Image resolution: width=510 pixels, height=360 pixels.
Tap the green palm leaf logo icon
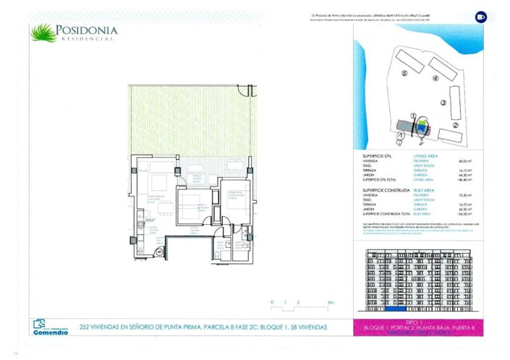42,32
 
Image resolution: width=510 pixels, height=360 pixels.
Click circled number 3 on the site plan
443,103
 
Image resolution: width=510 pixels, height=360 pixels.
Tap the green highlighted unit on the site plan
419,127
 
